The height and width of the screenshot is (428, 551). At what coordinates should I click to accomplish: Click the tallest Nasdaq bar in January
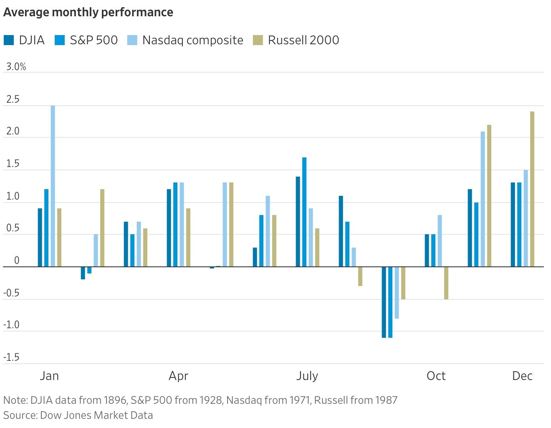(53, 186)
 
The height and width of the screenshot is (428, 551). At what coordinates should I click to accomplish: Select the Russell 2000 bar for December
(532, 189)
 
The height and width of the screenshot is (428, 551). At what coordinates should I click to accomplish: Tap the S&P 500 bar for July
(304, 212)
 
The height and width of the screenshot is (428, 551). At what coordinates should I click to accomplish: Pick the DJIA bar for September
(384, 302)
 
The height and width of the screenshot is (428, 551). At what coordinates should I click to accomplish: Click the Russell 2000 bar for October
(446, 283)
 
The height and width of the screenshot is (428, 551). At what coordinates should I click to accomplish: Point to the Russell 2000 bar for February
(102, 228)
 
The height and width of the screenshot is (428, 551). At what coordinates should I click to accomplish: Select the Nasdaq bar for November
(483, 199)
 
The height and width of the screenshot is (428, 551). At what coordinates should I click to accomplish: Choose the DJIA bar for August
(341, 231)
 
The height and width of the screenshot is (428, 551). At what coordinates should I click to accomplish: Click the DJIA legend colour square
(9, 41)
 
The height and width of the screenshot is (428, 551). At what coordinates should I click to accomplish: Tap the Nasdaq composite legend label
(192, 41)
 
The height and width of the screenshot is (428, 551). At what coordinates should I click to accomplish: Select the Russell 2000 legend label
(303, 41)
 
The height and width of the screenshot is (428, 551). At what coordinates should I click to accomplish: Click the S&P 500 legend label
(94, 41)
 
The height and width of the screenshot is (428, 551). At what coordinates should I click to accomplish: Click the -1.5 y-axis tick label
(12, 357)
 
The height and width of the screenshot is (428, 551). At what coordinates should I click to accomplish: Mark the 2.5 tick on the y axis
(13, 99)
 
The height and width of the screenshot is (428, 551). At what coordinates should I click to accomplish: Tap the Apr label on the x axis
(178, 376)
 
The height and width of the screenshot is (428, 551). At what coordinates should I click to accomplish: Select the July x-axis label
(307, 376)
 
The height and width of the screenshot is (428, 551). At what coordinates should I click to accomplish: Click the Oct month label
(436, 376)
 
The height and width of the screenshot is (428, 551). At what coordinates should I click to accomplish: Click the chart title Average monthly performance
(88, 13)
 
